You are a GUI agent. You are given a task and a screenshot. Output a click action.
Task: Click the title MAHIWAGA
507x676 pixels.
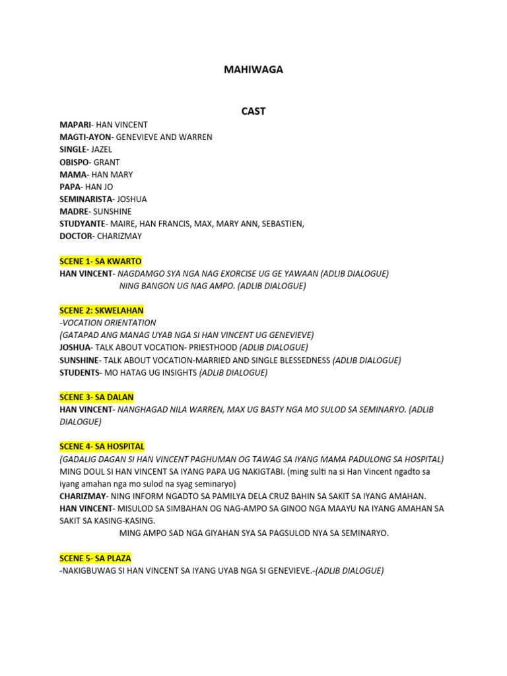[253, 69]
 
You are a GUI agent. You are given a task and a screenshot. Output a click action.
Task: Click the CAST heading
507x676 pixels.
[253, 111]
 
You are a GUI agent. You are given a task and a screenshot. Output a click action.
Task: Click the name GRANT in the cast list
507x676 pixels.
[106, 162]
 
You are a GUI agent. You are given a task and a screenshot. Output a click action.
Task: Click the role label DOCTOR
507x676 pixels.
[77, 236]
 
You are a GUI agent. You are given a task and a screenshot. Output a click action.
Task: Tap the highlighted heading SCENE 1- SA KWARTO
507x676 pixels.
[100, 261]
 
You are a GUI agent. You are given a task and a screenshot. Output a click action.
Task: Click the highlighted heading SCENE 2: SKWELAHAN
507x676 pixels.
[101, 310]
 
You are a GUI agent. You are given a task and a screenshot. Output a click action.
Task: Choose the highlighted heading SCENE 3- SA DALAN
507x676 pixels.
[96, 397]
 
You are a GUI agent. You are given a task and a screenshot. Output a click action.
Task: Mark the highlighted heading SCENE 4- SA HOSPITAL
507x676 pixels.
[102, 446]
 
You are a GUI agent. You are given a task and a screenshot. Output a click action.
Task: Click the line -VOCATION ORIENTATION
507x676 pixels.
[108, 323]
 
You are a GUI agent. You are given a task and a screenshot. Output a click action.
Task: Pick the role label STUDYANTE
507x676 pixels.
[82, 224]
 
